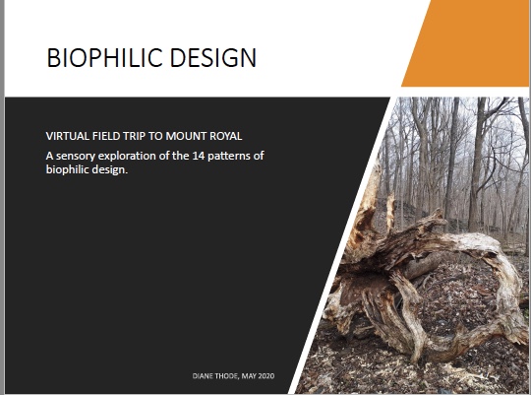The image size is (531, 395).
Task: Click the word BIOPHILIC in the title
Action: point(105,57)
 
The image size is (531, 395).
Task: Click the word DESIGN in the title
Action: point(213,57)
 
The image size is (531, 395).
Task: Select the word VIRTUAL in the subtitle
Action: point(67,136)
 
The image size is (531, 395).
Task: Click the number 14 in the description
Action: point(199,156)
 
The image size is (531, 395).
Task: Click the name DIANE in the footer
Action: point(203,376)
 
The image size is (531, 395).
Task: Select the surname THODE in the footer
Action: point(227,376)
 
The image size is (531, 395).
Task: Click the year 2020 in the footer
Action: point(266,376)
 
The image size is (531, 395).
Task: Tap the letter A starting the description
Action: point(50,156)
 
